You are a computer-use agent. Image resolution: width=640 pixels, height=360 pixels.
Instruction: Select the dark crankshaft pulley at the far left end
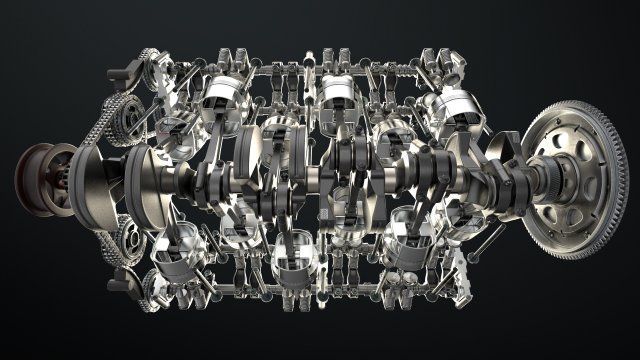click(38, 179)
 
